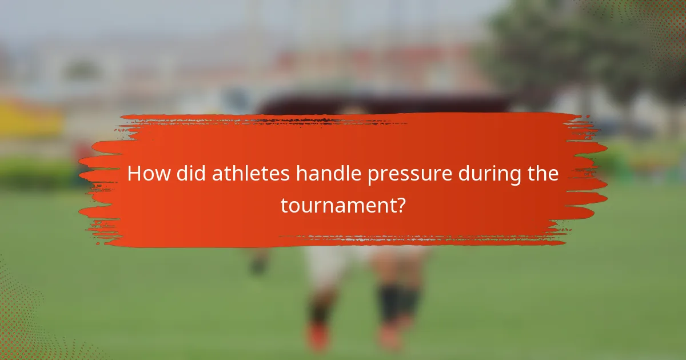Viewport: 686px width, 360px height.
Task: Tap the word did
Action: [x=192, y=174]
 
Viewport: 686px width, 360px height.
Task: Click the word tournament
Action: [x=337, y=206]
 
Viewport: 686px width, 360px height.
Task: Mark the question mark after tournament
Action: [x=401, y=205]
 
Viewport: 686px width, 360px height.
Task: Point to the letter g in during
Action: [x=513, y=177]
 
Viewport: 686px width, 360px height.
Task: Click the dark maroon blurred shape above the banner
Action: [x=383, y=103]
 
